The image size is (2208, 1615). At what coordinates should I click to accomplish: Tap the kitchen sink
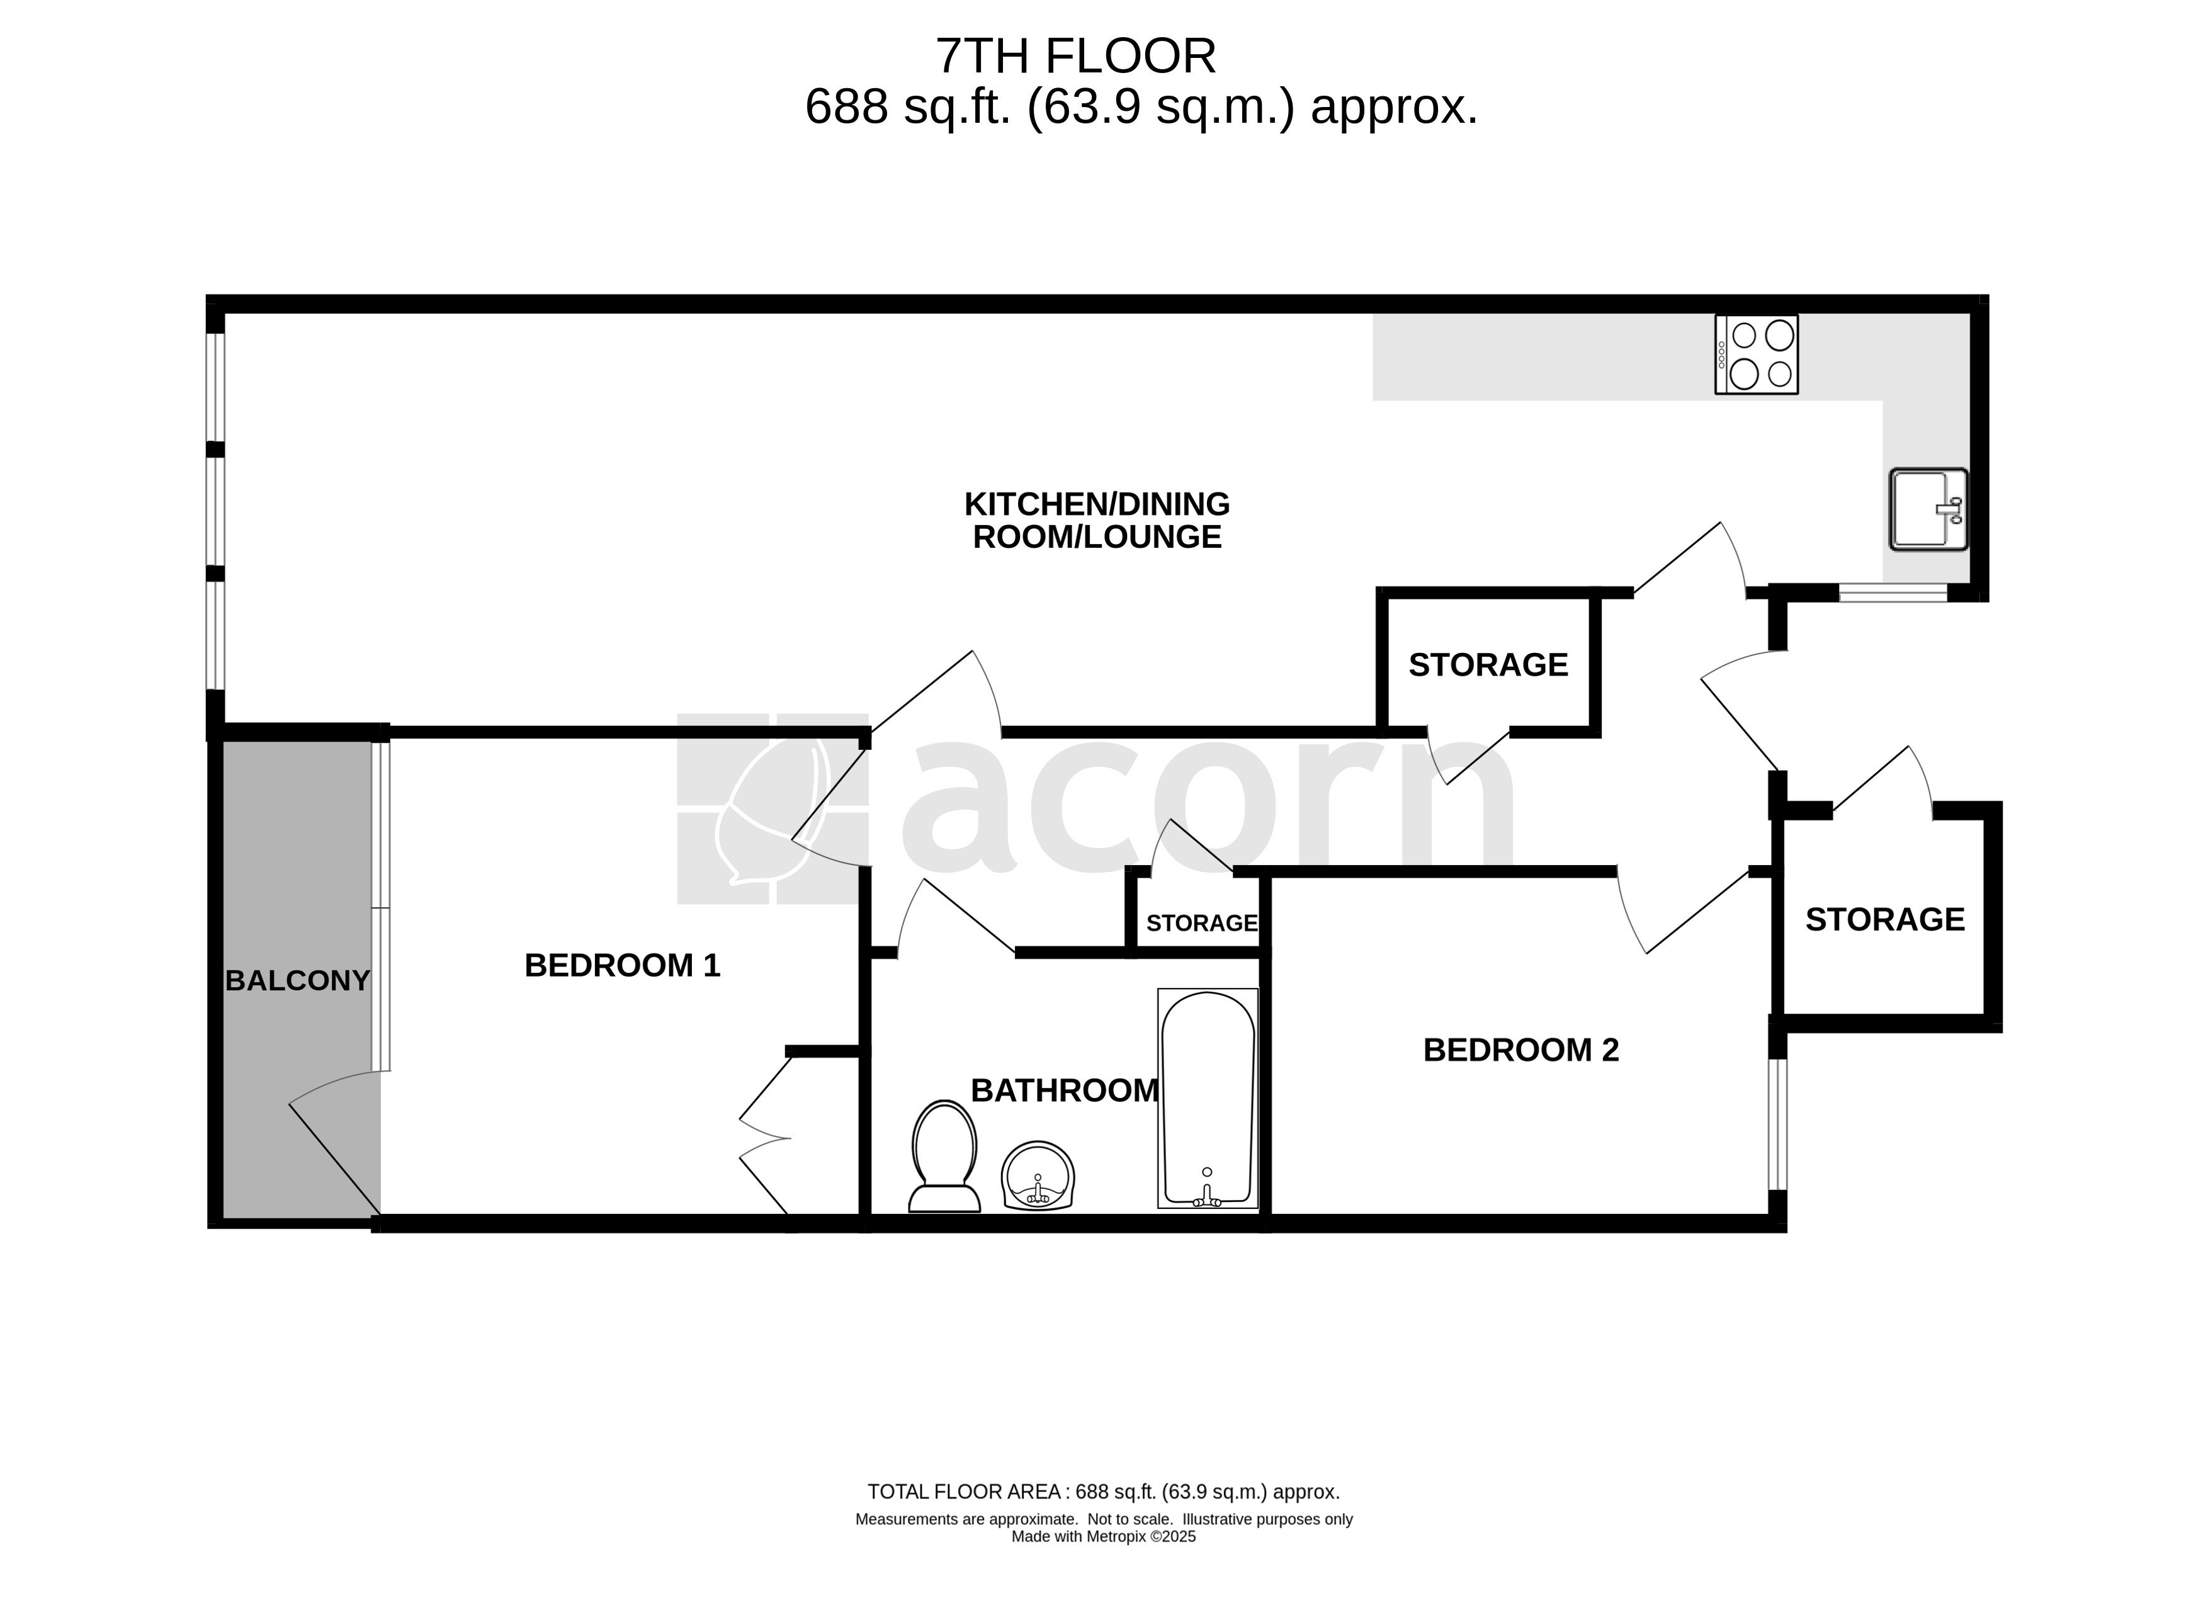pyautogui.click(x=1927, y=509)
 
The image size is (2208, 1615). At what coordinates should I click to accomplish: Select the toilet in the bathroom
pyautogui.click(x=944, y=1157)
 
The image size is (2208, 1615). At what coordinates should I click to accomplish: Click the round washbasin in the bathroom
pyautogui.click(x=1038, y=1176)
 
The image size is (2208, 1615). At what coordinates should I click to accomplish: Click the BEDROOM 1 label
pyautogui.click(x=623, y=966)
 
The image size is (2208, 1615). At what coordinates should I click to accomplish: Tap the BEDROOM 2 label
pyautogui.click(x=1521, y=1050)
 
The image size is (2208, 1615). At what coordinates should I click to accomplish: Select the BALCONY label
pyautogui.click(x=298, y=980)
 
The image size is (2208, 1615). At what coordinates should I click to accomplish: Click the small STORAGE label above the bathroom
pyautogui.click(x=1201, y=923)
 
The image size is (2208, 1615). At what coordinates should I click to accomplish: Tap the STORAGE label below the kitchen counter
pyautogui.click(x=1488, y=665)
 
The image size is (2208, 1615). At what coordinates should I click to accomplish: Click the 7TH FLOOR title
pyautogui.click(x=1076, y=56)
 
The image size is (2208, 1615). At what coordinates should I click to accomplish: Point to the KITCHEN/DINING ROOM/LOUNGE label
pyautogui.click(x=1097, y=520)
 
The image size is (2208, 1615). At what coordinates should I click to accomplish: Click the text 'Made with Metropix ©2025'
pyautogui.click(x=1104, y=1537)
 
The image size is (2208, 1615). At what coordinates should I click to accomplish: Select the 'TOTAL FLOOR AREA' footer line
pyautogui.click(x=1104, y=1492)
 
